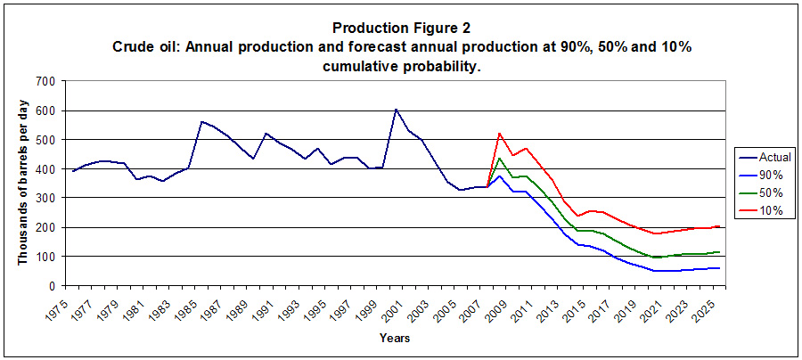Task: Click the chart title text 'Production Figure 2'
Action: pos(400,29)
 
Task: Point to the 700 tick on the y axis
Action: pos(45,81)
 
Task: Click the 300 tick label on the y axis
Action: pos(45,198)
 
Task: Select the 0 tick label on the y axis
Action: pos(53,285)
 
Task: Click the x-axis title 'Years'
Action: pos(394,339)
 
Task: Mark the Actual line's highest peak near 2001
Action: pos(396,110)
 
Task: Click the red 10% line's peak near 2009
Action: pos(499,134)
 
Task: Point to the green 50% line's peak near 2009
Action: pos(499,159)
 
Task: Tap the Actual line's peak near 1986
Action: pos(201,121)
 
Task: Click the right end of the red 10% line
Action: pos(720,226)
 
